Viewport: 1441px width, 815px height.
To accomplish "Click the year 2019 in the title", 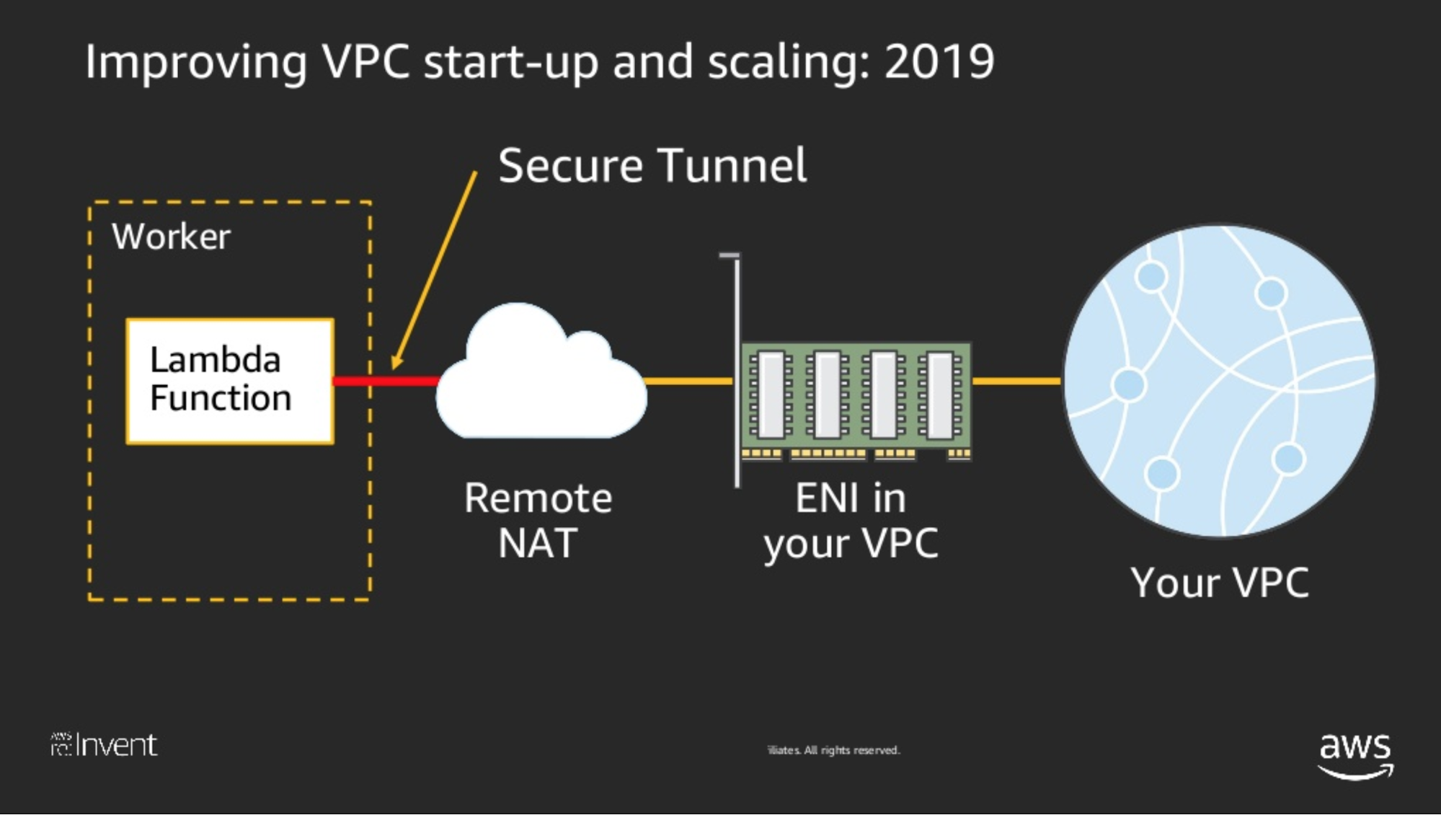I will pyautogui.click(x=939, y=62).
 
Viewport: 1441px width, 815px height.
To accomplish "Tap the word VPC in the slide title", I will pyautogui.click(x=365, y=62).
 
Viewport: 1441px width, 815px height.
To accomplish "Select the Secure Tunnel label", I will pyautogui.click(x=652, y=166).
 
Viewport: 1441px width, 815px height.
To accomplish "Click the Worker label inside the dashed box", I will pyautogui.click(x=171, y=237).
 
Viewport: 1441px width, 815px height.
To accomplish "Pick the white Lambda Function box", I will pyautogui.click(x=229, y=381).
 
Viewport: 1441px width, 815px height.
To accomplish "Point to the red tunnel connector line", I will pyautogui.click(x=386, y=381).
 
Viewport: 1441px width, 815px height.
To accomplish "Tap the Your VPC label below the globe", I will pyautogui.click(x=1220, y=583).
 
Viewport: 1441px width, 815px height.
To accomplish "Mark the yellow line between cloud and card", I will pyautogui.click(x=689, y=381).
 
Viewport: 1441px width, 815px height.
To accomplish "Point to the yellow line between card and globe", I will pyautogui.click(x=1016, y=381).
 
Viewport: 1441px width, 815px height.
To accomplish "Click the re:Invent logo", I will pyautogui.click(x=105, y=745).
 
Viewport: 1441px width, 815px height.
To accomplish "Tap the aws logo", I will pyautogui.click(x=1355, y=754).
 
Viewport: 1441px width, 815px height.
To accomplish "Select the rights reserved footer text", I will pyautogui.click(x=834, y=750).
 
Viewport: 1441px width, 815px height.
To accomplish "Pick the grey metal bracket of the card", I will pyautogui.click(x=737, y=368).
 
